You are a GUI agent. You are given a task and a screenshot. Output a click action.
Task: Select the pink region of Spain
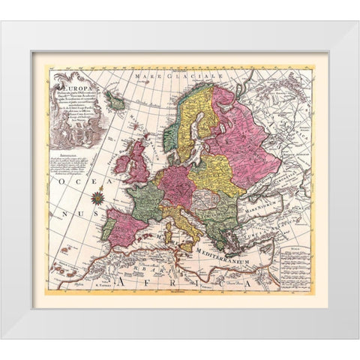125,225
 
